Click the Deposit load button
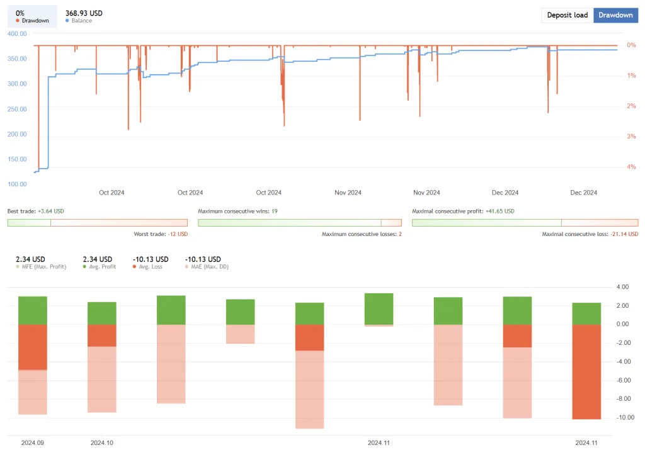click(567, 15)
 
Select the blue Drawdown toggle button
click(615, 15)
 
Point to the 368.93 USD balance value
click(84, 13)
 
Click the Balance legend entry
click(81, 21)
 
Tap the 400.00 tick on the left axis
click(17, 33)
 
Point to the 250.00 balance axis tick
click(17, 109)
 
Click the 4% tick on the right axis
click(631, 167)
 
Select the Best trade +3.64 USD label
click(36, 211)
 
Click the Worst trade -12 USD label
click(161, 234)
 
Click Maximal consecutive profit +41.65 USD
click(463, 211)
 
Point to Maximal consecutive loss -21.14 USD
click(590, 234)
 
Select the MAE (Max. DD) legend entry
click(206, 266)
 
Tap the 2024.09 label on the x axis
click(33, 442)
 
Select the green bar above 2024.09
click(33, 310)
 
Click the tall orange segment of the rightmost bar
click(586, 371)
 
